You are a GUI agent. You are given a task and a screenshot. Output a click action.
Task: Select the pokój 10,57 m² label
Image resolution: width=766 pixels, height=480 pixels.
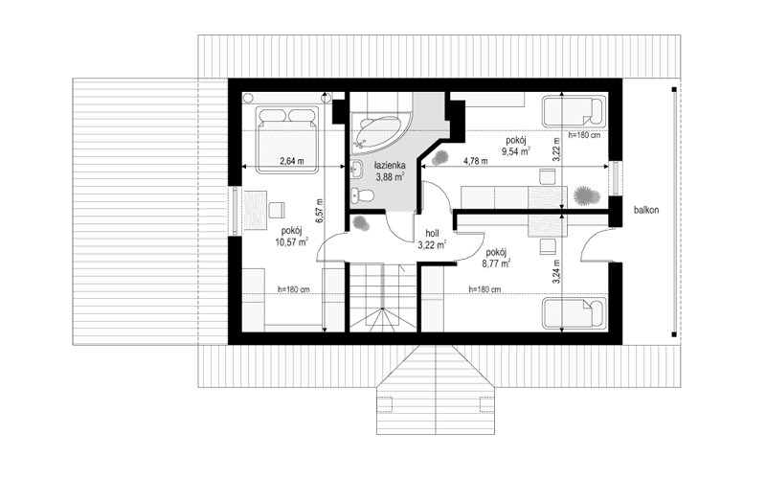[x=291, y=237]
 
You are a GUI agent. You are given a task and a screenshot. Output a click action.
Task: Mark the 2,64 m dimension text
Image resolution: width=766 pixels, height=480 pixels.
[x=292, y=161]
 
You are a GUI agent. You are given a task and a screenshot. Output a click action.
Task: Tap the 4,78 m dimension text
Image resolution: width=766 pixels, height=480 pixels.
[x=476, y=161]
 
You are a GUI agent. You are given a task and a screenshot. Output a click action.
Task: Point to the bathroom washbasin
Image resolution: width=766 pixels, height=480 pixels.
[x=356, y=171]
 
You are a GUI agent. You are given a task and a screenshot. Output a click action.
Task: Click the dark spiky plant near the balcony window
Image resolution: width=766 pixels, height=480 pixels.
[x=582, y=195]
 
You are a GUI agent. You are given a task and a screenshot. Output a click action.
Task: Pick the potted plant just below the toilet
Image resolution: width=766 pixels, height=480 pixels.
[x=361, y=223]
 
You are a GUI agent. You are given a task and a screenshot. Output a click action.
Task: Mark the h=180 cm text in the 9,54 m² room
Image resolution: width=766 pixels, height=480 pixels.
[x=583, y=135]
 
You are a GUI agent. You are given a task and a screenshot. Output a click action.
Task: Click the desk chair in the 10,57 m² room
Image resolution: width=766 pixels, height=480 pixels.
[x=276, y=207]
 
